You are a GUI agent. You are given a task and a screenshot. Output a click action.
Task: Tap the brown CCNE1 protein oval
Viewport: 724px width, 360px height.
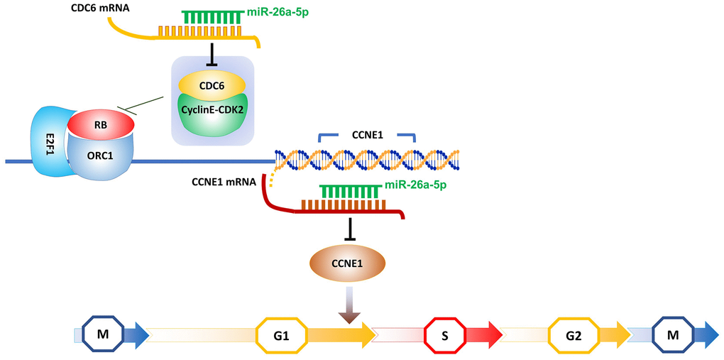(x=348, y=263)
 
